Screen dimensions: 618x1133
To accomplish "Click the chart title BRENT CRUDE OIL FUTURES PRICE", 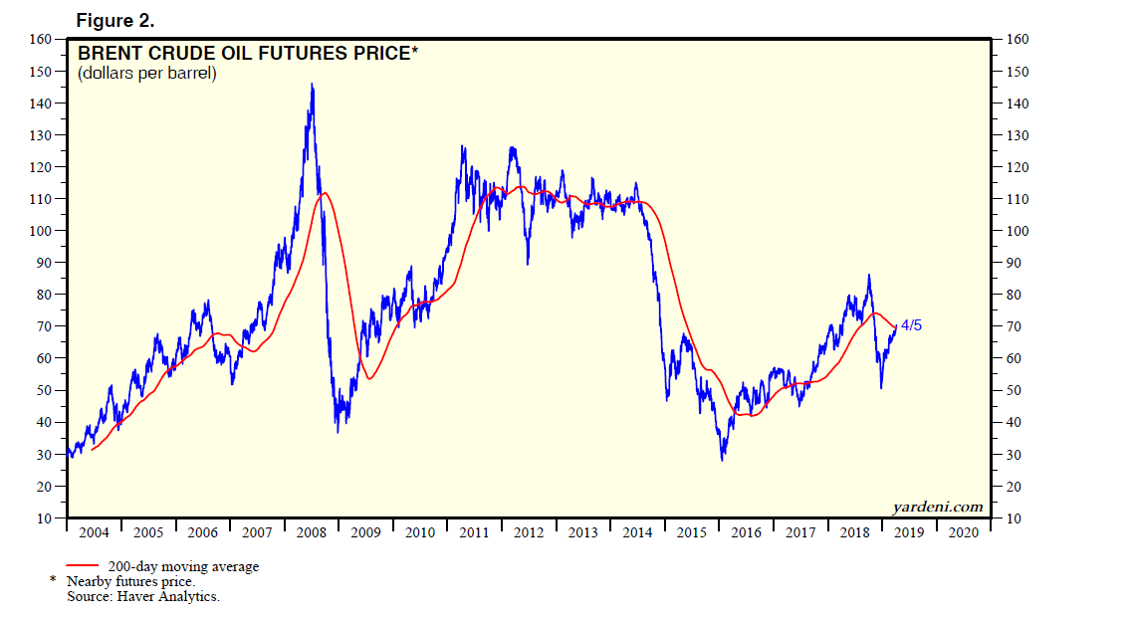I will tap(244, 54).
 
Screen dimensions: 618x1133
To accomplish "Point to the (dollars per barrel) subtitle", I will tap(146, 74).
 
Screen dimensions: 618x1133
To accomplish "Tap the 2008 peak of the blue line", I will tap(313, 85).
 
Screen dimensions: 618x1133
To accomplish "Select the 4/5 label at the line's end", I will tap(910, 324).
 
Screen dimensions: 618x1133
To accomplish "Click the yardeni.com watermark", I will tap(937, 508).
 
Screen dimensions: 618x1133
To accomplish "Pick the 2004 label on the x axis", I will tap(94, 532).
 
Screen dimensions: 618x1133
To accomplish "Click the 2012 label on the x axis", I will tap(529, 532).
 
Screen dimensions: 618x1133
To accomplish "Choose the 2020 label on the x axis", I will tap(964, 532).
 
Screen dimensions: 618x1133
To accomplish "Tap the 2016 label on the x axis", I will tap(746, 532).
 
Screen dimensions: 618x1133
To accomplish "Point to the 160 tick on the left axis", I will tap(41, 39).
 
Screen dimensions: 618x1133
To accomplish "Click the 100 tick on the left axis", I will tap(41, 231).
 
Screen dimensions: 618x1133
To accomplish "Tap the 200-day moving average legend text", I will tap(183, 567).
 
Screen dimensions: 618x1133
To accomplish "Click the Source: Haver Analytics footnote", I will tap(142, 596).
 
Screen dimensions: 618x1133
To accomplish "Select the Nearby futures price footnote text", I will tap(130, 581).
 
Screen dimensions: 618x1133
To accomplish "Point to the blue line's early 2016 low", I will tap(723, 458).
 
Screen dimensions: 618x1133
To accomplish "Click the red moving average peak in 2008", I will tap(324, 193).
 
